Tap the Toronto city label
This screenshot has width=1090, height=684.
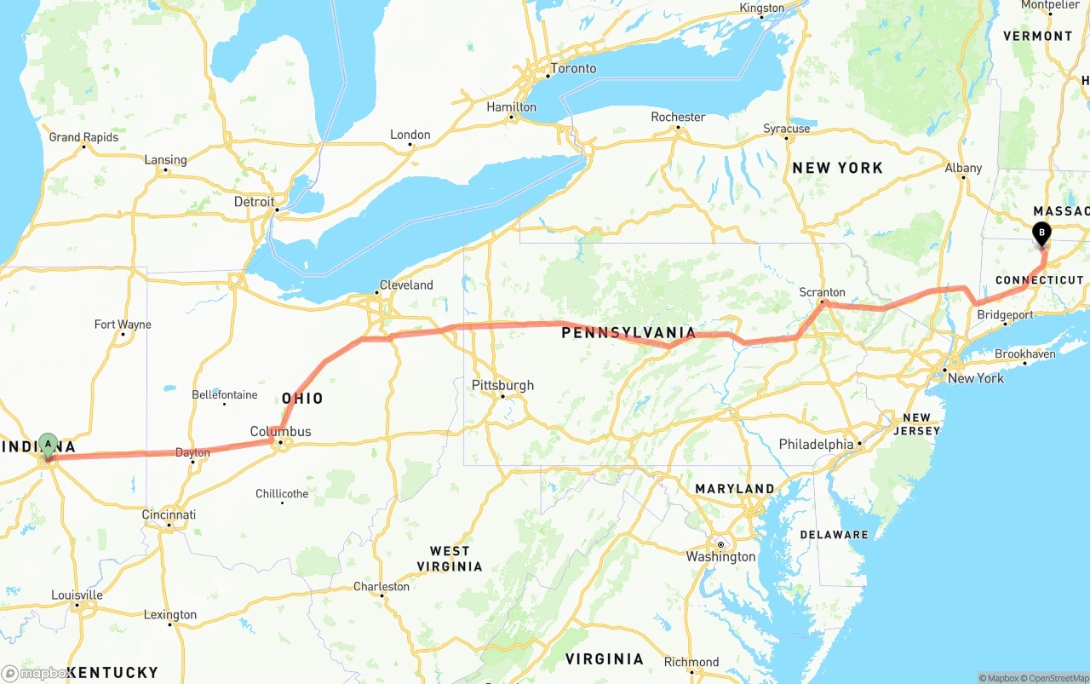(573, 68)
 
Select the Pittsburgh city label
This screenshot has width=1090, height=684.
(502, 385)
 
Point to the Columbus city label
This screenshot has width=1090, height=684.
(280, 431)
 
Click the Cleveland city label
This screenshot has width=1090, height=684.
(406, 285)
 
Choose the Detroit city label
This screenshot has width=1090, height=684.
(255, 202)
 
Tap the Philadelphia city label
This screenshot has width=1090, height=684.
(816, 444)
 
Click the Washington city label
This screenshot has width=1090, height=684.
(720, 556)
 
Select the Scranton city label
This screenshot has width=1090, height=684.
(822, 292)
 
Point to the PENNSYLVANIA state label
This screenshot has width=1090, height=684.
(628, 333)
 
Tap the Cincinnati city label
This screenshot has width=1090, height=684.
(169, 514)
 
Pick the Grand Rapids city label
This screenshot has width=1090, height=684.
(83, 137)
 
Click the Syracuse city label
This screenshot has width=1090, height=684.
(787, 129)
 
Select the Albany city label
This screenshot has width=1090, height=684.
(963, 168)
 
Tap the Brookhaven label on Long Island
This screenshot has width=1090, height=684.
(1024, 353)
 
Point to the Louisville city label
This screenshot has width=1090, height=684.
(77, 595)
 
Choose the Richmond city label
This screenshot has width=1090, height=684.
(691, 662)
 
